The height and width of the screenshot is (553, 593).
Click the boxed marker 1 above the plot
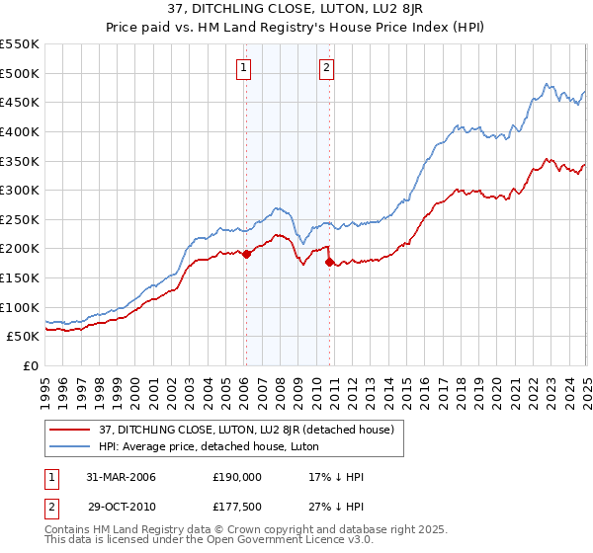click(x=243, y=68)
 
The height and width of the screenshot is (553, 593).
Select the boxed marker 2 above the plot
click(x=326, y=68)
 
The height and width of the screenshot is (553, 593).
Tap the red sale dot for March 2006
click(x=247, y=254)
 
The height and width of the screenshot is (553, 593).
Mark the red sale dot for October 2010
click(x=330, y=262)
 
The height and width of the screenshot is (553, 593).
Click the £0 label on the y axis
click(x=30, y=365)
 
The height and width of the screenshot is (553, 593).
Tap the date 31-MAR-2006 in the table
click(x=123, y=476)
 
